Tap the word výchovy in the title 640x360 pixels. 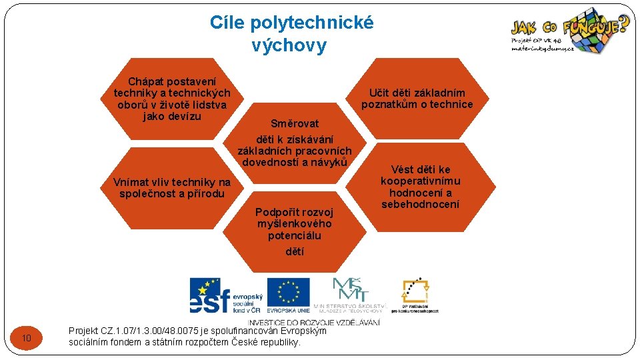point(289,45)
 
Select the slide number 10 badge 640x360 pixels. point(27,339)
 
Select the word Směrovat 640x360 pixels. point(295,123)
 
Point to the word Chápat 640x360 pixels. point(145,82)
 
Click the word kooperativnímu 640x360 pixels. point(420,181)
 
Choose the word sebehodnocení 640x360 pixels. point(420,204)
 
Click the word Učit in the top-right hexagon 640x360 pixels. point(379,93)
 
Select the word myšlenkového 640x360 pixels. point(294,223)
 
